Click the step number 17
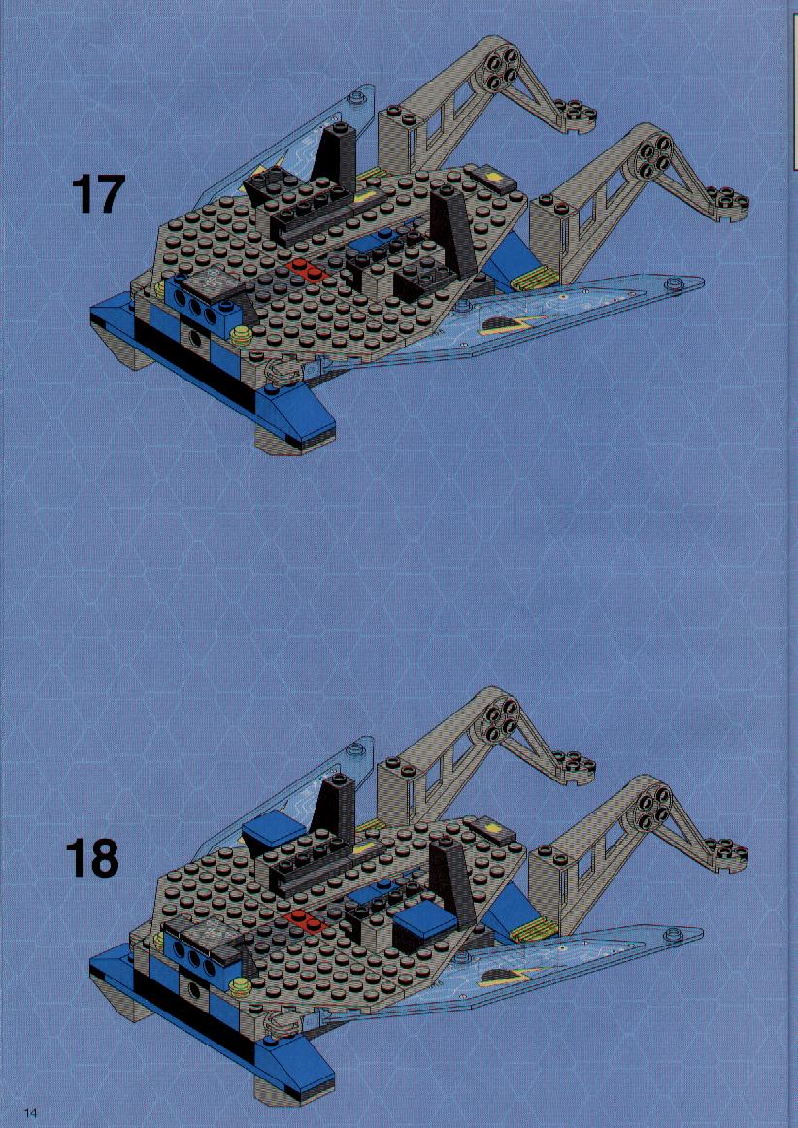point(99,193)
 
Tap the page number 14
point(30,1112)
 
